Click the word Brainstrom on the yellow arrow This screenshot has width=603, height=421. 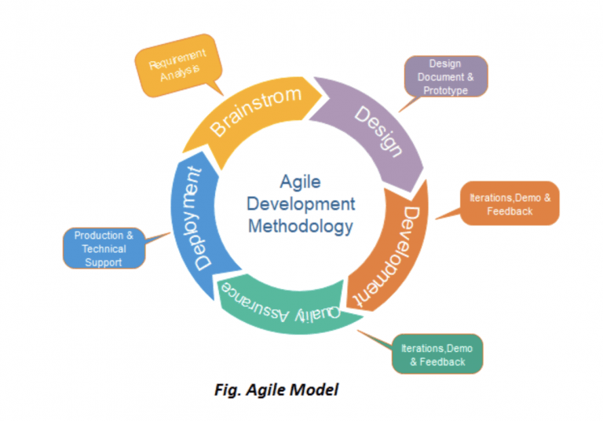pyautogui.click(x=255, y=112)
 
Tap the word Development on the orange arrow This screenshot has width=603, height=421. pyautogui.click(x=386, y=257)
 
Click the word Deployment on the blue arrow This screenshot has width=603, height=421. pyautogui.click(x=198, y=218)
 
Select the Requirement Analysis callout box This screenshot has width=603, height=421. pyautogui.click(x=178, y=65)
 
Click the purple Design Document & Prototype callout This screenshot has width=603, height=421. pyautogui.click(x=445, y=76)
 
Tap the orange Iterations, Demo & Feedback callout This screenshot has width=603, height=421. pyautogui.click(x=510, y=203)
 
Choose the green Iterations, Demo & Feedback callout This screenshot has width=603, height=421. pyautogui.click(x=437, y=354)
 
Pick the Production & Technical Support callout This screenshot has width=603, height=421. pyautogui.click(x=104, y=248)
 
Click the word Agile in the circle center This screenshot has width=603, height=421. pyautogui.click(x=301, y=181)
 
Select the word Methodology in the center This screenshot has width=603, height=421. pyautogui.click(x=301, y=227)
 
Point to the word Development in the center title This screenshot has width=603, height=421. pyautogui.click(x=301, y=204)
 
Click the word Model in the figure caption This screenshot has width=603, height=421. pyautogui.click(x=315, y=390)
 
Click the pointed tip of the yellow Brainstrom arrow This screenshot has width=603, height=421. pyautogui.click(x=322, y=95)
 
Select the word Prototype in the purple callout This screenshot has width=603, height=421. pyautogui.click(x=445, y=91)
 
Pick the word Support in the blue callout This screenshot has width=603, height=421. pyautogui.click(x=103, y=262)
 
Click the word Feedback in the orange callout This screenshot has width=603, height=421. pyautogui.click(x=510, y=210)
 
